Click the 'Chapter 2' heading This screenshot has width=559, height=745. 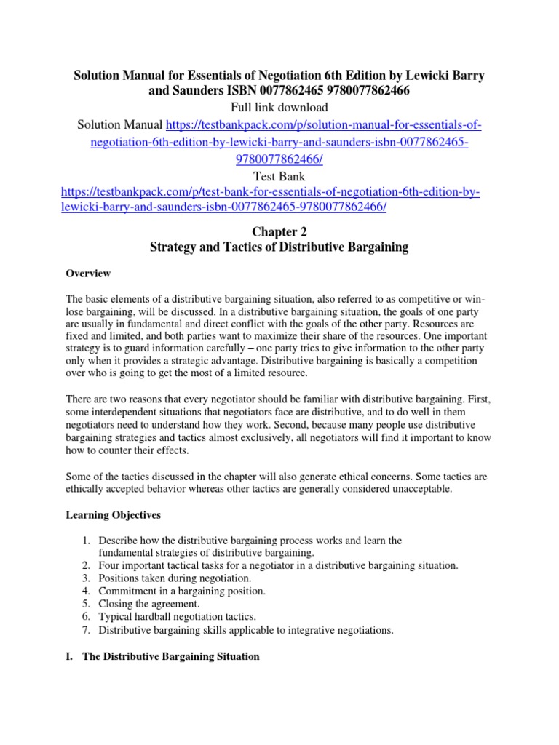tap(279, 231)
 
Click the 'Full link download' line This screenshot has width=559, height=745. tap(279, 108)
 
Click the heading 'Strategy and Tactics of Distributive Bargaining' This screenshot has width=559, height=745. tap(279, 247)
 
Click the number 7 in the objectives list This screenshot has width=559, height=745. tap(85, 631)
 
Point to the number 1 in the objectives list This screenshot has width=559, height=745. tap(85, 541)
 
